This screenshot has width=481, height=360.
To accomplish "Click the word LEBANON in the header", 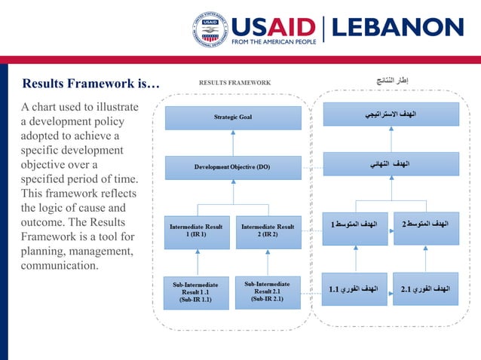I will [x=397, y=28].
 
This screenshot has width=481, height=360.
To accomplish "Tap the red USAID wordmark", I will [x=273, y=26].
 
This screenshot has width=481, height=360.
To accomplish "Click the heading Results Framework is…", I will [x=90, y=84].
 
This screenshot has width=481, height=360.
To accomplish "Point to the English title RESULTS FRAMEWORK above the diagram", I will [x=234, y=83].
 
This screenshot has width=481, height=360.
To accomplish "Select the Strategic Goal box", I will [x=233, y=117].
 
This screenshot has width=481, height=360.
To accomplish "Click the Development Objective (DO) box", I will [x=233, y=166].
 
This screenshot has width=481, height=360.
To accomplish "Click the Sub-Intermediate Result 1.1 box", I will [x=196, y=292].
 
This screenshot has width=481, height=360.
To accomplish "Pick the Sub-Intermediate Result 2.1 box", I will [x=268, y=291].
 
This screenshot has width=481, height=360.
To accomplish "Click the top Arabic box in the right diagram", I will [x=391, y=114].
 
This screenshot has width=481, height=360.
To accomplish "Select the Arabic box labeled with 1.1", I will [x=354, y=288].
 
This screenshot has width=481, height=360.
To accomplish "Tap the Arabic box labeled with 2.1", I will [x=425, y=288].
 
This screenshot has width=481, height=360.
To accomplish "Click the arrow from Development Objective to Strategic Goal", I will [x=233, y=142].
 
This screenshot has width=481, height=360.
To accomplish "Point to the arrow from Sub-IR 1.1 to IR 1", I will [x=198, y=263].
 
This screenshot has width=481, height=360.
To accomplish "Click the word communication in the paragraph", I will [x=60, y=266].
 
